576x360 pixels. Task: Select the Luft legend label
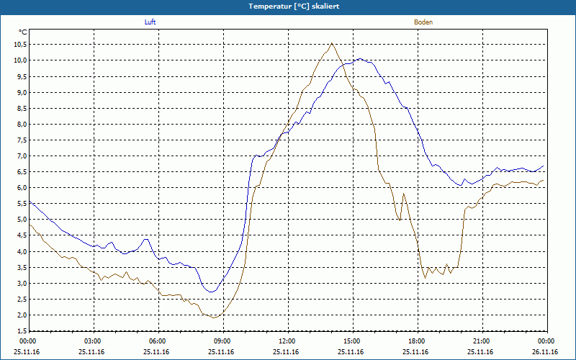click(x=150, y=22)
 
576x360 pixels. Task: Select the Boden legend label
click(x=423, y=22)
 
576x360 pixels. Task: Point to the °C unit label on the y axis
click(x=22, y=32)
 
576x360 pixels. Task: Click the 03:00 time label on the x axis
click(x=93, y=341)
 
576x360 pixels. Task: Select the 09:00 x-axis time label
click(x=222, y=341)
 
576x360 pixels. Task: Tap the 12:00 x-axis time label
click(x=287, y=341)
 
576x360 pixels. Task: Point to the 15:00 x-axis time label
click(x=352, y=341)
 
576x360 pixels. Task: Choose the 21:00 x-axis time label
click(x=482, y=341)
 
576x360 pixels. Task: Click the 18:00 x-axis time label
click(x=417, y=341)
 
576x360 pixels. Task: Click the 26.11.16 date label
click(x=546, y=352)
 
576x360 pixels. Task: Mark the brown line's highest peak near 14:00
click(x=331, y=43)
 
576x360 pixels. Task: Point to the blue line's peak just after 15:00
click(x=359, y=59)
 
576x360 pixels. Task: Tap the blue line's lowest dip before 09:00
click(x=210, y=292)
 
